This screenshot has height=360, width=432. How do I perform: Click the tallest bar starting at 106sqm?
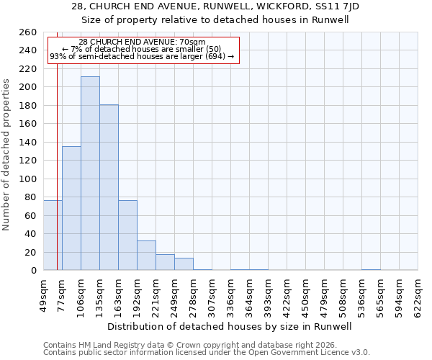pyautogui.click(x=90, y=174)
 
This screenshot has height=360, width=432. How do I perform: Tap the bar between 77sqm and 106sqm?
pyautogui.click(x=71, y=208)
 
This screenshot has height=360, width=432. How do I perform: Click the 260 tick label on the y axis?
pyautogui.click(x=27, y=32)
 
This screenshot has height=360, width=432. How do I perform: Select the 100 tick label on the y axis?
pyautogui.click(x=27, y=179)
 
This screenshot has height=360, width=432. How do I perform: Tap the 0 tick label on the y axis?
pyautogui.click(x=33, y=271)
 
